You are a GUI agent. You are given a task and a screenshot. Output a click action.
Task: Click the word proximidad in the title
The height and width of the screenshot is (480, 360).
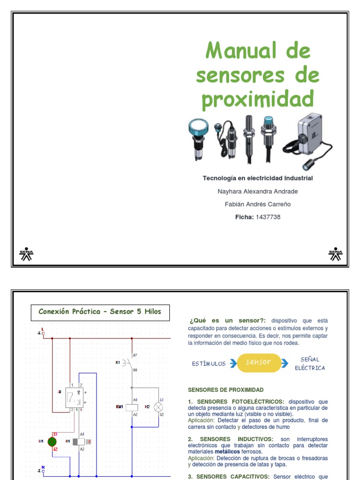point(257,99)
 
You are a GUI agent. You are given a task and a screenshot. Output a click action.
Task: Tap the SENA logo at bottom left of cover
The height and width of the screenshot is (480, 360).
point(26,254)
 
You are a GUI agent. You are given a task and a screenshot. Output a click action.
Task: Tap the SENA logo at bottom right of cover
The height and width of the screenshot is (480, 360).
point(335,254)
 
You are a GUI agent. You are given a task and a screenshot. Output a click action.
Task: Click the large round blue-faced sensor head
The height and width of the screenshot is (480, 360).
point(199,127)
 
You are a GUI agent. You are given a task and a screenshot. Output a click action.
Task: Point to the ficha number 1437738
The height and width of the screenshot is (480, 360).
point(268,217)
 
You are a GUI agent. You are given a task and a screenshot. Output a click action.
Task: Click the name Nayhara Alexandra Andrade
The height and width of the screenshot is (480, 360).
point(257,191)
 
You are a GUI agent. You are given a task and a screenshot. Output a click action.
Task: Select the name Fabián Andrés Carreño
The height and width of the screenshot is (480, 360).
point(257,204)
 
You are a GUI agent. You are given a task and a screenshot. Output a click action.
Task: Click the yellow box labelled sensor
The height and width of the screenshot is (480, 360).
point(259,362)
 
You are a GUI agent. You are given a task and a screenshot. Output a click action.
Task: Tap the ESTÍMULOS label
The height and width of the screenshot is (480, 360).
point(209,364)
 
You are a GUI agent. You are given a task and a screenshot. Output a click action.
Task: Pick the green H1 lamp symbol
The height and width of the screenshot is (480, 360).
point(52,442)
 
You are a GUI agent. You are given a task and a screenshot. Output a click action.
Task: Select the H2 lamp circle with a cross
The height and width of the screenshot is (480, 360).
point(158,407)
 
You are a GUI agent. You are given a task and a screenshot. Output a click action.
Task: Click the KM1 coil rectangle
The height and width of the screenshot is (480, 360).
point(132,407)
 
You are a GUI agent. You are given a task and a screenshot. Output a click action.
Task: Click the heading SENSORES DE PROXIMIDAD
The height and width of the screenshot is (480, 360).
point(225,390)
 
